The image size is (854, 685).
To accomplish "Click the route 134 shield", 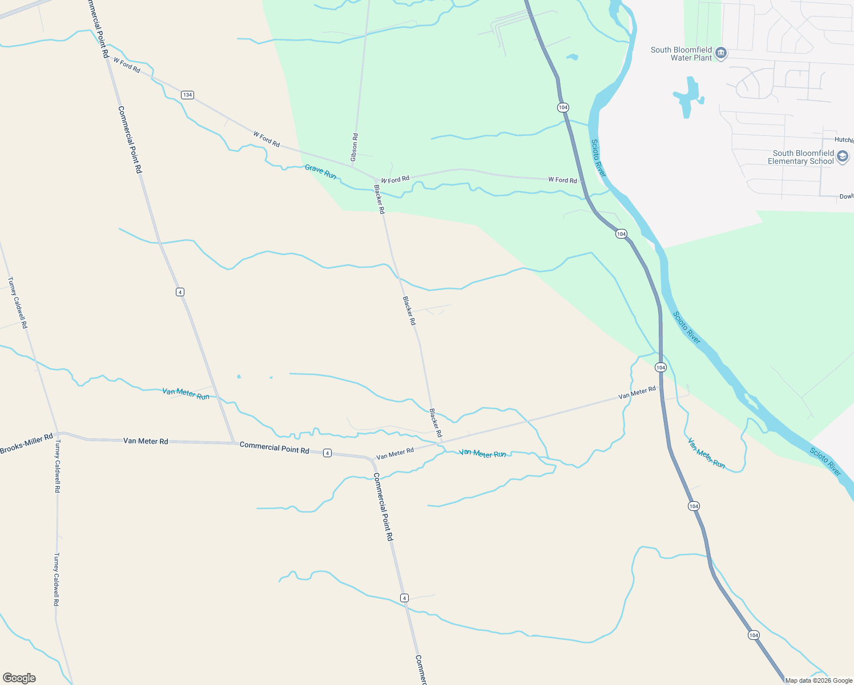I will (x=187, y=95).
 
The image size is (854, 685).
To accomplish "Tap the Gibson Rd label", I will (x=355, y=147).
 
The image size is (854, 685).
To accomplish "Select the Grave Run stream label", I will (x=320, y=171).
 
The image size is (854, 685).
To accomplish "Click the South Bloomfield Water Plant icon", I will (x=721, y=53).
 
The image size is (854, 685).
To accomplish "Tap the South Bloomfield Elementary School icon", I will (x=843, y=156).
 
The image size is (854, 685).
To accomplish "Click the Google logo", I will (x=19, y=678).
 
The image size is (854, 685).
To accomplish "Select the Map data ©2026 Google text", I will (x=819, y=680).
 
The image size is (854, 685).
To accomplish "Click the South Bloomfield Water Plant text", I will (x=682, y=54).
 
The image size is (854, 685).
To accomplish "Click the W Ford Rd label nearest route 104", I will (x=562, y=180).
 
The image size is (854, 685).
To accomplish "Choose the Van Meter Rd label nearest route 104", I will (x=637, y=393).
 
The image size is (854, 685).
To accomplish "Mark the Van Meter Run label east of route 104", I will (x=706, y=453).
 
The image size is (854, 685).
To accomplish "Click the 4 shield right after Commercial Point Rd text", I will (x=327, y=453).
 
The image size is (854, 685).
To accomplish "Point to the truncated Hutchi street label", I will (x=844, y=140).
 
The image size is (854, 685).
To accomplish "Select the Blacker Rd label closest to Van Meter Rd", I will (x=436, y=423).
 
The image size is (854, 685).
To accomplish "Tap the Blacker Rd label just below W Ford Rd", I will (x=379, y=199).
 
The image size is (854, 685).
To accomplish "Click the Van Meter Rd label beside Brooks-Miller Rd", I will (x=146, y=441).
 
